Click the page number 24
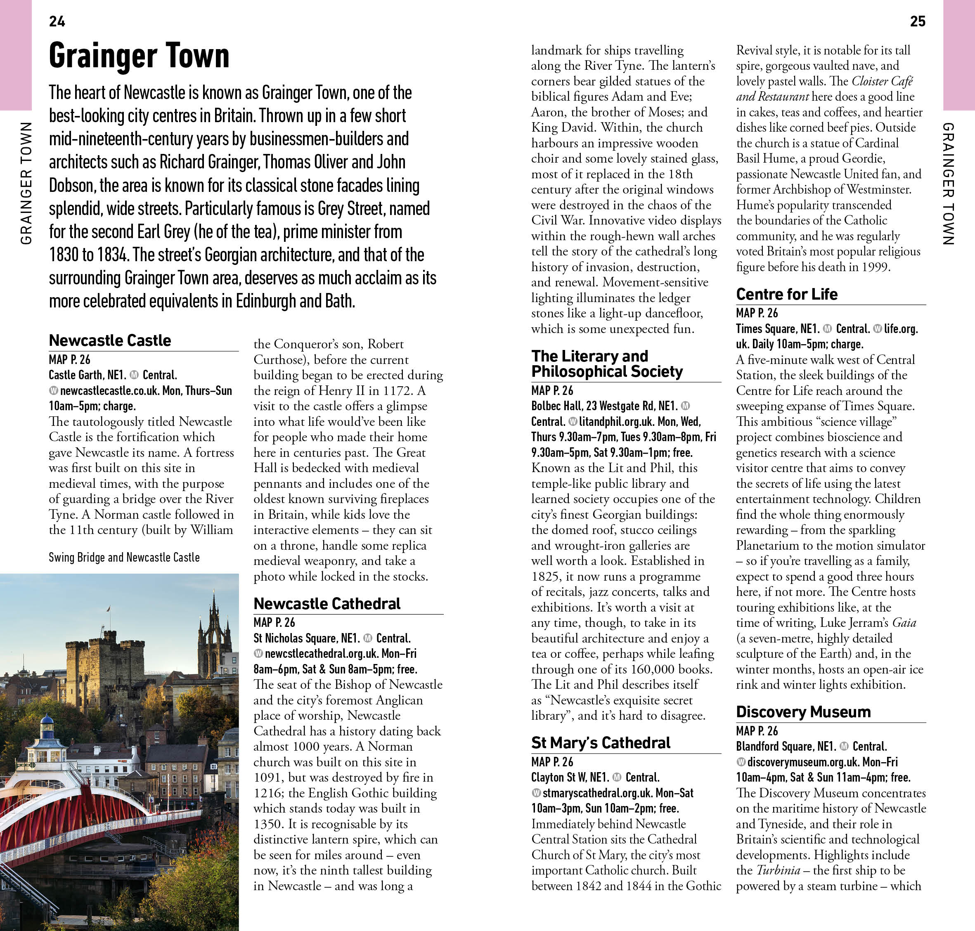pos(57,21)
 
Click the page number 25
pos(917,21)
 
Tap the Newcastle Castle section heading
pos(110,340)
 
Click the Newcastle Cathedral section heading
pos(327,603)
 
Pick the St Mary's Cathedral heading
pos(601,742)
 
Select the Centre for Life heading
pos(787,294)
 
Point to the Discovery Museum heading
pos(803,711)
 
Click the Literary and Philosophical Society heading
pos(607,364)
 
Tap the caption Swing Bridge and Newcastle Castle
pos(124,557)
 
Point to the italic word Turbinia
pos(778,870)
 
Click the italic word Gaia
pos(904,622)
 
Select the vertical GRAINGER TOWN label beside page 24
pos(26,184)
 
